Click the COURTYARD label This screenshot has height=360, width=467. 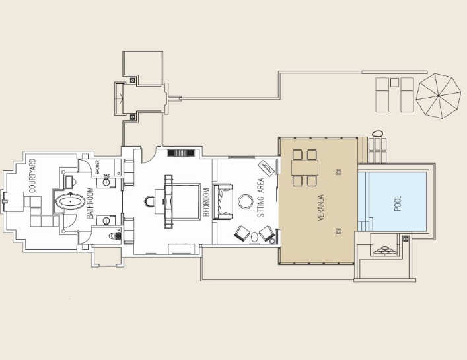coord(32,176)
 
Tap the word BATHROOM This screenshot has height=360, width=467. coord(90,203)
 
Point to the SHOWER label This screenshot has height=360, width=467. coord(97,167)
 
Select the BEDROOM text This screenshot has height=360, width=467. coord(206,202)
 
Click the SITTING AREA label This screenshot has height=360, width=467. coord(261,198)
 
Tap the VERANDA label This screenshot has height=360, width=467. coord(321,207)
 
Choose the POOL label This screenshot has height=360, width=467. coord(398,203)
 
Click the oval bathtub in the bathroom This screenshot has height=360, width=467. coord(70,202)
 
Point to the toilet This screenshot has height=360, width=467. coord(115,236)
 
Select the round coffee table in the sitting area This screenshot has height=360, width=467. coord(246,202)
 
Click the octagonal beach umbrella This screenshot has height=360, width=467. coord(439,96)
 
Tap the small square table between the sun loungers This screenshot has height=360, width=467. coord(394,82)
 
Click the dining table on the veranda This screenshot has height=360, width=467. coord(305,168)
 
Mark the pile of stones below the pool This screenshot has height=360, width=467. coord(385,251)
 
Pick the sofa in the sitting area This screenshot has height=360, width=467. coord(223,201)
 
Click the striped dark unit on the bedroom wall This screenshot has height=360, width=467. coord(181,153)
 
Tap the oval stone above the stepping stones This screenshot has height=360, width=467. coord(377,133)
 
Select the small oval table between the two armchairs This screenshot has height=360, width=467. coord(254,237)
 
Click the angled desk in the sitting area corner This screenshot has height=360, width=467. coord(266,169)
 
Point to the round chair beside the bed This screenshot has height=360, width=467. coord(149,201)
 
